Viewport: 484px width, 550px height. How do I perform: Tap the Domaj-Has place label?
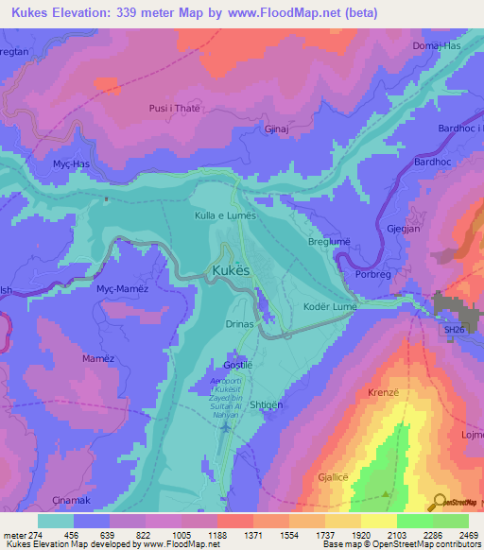pos(436,45)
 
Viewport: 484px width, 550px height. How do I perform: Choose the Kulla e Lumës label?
pos(225,216)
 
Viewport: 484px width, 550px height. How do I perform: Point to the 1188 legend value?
pos(216,536)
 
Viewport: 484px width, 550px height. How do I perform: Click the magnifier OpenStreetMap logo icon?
pos(440,501)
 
